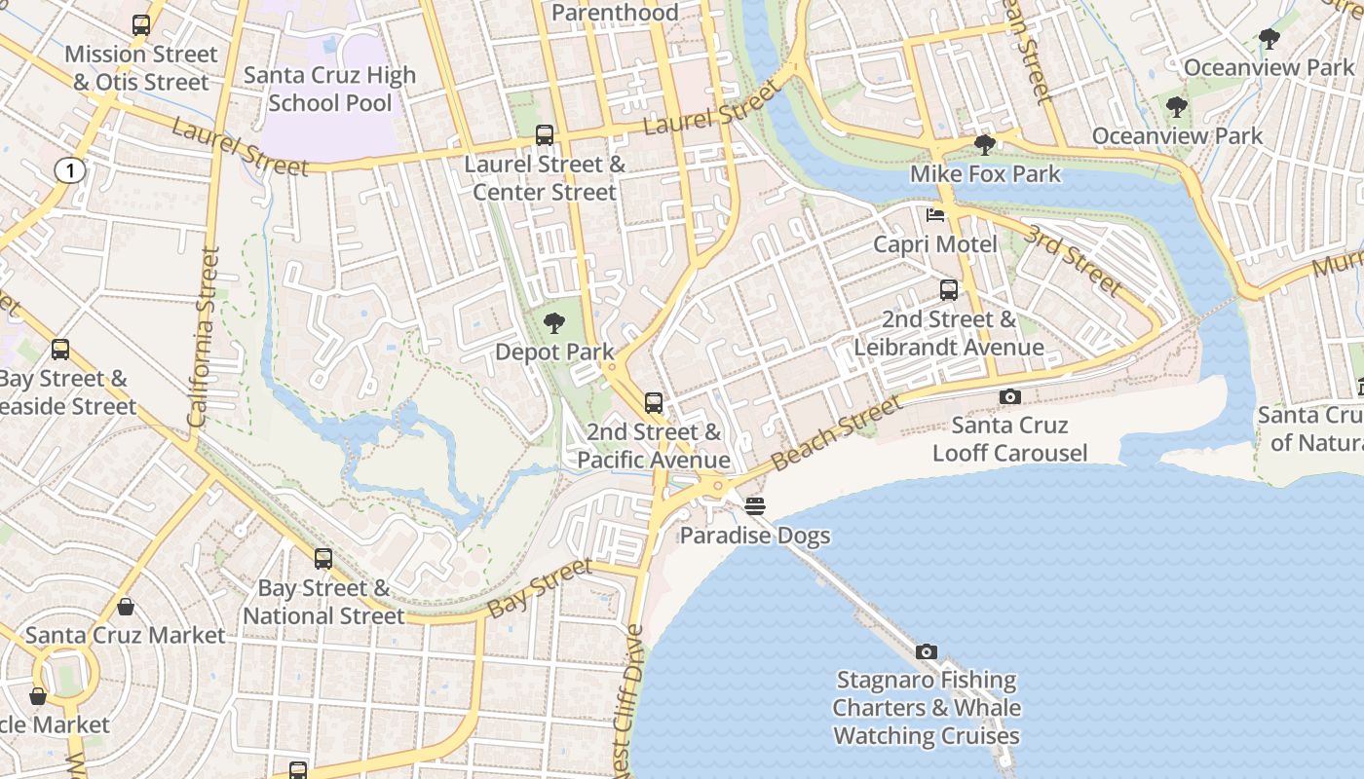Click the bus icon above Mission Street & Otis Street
point(141,25)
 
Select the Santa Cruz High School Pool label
point(329,89)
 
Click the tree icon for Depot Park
point(554,322)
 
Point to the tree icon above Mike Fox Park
point(985,145)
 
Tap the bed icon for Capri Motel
point(934,215)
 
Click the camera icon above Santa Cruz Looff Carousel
point(1010,396)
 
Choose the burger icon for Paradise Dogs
point(755,506)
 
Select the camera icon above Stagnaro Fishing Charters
point(927,651)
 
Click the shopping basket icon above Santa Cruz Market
point(126,607)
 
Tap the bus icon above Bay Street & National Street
point(323,559)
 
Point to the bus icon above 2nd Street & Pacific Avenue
point(654,403)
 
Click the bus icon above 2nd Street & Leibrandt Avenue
point(949,289)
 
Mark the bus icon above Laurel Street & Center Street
point(545,135)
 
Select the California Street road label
point(204,337)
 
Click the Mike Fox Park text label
point(985,174)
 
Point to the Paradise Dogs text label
point(755,536)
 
